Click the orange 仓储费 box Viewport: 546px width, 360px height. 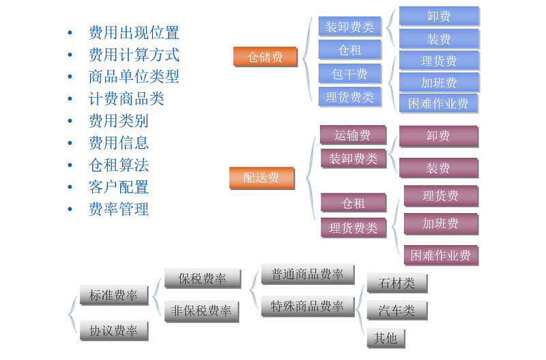(x=265, y=57)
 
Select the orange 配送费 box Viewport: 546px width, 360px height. (x=261, y=178)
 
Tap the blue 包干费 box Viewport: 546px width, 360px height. (x=349, y=73)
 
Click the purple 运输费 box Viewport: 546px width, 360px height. (x=352, y=135)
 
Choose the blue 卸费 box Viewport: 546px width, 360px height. (x=438, y=16)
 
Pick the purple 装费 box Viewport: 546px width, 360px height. (x=438, y=167)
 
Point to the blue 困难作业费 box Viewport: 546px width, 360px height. (x=438, y=103)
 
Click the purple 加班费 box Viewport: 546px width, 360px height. (x=440, y=223)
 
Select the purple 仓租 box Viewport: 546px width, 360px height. (x=354, y=203)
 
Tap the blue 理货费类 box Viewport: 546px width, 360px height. (x=349, y=96)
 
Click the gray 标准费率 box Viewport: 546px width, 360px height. (x=113, y=295)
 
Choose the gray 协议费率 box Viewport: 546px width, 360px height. (x=113, y=331)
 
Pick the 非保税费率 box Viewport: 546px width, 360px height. (x=201, y=311)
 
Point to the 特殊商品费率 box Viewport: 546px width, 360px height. (x=307, y=305)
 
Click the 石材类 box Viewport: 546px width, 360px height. (x=397, y=282)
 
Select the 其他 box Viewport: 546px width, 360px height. (x=385, y=337)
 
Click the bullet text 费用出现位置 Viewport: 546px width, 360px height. (x=134, y=32)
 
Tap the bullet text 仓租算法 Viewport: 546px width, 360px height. (x=119, y=165)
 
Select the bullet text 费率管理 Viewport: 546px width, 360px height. (x=119, y=209)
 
